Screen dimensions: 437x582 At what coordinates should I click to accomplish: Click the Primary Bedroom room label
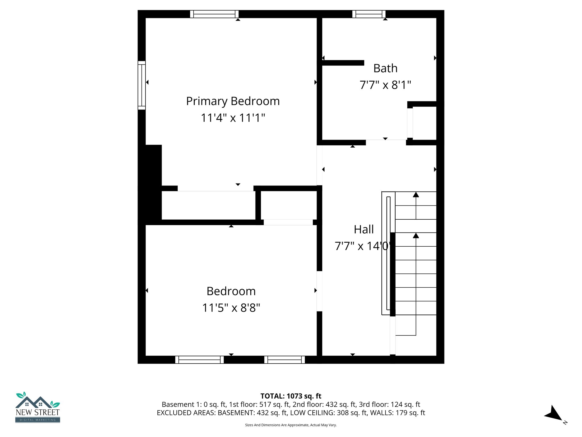(x=233, y=101)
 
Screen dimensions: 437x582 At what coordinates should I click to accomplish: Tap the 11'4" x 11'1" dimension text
(x=233, y=118)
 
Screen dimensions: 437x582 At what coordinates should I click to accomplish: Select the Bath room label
(x=385, y=69)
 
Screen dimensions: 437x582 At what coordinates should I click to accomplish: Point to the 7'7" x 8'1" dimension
(x=385, y=85)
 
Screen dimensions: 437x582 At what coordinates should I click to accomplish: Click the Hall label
(x=363, y=230)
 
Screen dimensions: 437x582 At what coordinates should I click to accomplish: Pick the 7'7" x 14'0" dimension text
(x=362, y=246)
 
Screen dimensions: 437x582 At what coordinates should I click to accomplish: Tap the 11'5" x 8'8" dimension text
(x=231, y=308)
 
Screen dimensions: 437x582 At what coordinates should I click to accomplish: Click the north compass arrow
(x=554, y=414)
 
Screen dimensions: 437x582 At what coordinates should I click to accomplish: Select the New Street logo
(x=38, y=407)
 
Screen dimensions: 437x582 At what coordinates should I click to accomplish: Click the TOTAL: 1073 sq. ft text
(x=291, y=396)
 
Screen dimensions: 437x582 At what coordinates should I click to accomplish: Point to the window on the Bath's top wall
(x=369, y=14)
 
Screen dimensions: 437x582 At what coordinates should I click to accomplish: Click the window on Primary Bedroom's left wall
(x=142, y=85)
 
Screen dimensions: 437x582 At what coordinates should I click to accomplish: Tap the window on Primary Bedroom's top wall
(x=214, y=14)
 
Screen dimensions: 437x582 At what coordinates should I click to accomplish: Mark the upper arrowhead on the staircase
(x=416, y=195)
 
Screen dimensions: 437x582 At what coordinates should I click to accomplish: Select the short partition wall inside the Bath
(x=343, y=63)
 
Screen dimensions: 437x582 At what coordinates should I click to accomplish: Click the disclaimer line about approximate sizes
(x=291, y=425)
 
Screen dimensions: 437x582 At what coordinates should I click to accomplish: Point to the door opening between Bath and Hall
(x=386, y=142)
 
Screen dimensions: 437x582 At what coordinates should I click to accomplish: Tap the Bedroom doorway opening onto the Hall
(x=319, y=291)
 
